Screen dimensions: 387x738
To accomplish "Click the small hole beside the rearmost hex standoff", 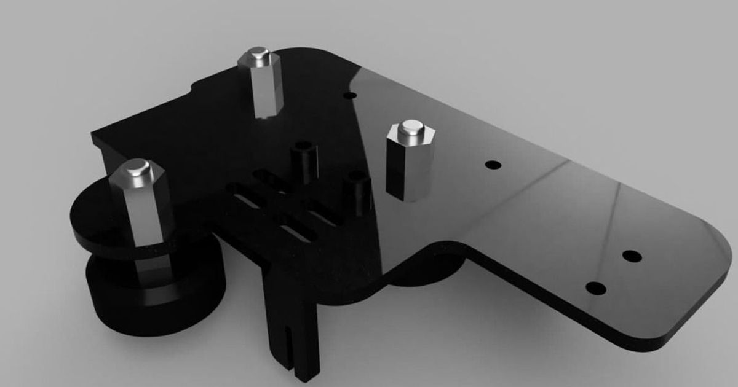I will [350, 96].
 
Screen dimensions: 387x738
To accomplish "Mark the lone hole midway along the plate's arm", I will [493, 165].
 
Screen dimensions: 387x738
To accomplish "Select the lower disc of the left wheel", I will [154, 295].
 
